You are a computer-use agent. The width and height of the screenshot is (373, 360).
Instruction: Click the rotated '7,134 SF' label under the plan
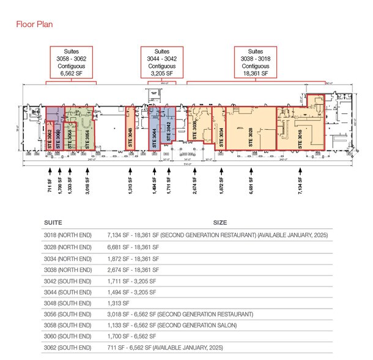point(300,183)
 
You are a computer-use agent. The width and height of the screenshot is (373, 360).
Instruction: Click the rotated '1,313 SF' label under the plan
point(130,183)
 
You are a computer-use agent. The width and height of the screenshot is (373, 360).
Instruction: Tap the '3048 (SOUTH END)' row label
point(67,302)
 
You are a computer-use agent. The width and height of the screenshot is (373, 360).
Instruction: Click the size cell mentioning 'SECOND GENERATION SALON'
point(184,324)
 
